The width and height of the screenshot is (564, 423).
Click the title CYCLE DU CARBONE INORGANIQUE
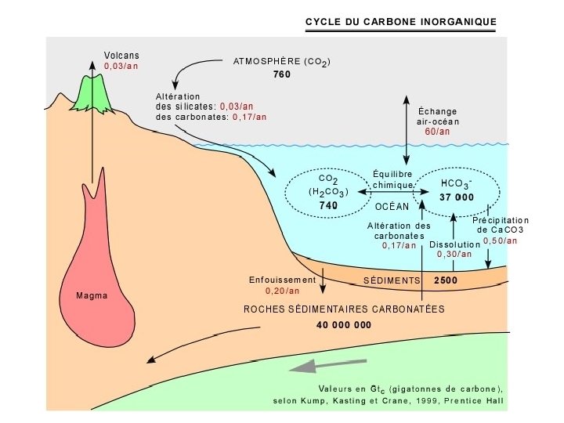point(400,22)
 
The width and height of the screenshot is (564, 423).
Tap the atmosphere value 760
point(282,75)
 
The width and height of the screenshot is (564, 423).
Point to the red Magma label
point(91,296)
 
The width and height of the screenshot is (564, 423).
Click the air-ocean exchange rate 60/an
point(437,132)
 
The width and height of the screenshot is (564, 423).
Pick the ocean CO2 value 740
point(327,205)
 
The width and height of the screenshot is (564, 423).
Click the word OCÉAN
point(392,207)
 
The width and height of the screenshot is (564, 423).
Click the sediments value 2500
point(445,280)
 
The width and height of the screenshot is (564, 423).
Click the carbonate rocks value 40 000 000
point(344,324)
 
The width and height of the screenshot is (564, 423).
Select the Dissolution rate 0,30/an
point(455,254)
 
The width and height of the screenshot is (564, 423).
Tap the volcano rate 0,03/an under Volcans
point(121,67)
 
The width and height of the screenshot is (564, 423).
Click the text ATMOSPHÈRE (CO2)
point(282,62)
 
